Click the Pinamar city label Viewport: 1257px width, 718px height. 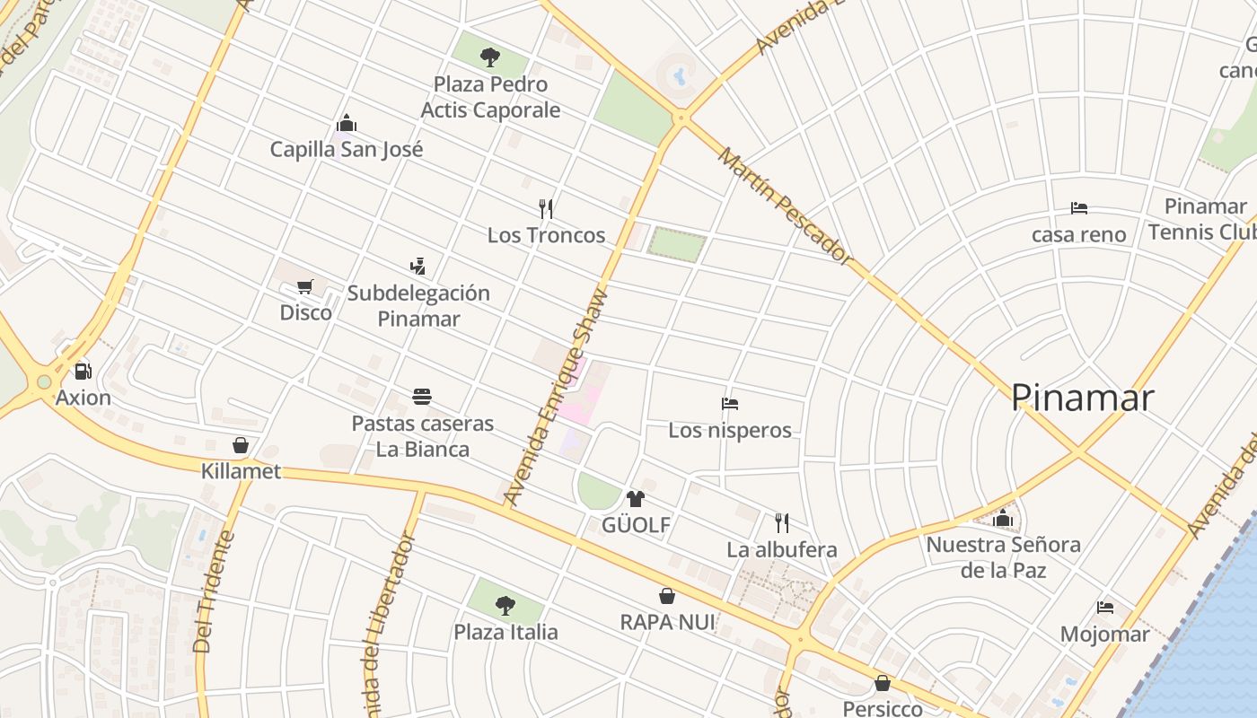pos(1081,398)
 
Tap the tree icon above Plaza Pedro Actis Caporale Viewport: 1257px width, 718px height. pos(489,57)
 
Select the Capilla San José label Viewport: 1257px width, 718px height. pos(347,149)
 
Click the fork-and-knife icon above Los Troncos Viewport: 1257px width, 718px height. pos(546,209)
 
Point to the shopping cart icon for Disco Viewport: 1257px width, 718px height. pos(304,286)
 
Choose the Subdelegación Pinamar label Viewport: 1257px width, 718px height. pos(418,305)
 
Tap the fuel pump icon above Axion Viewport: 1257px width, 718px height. pos(83,370)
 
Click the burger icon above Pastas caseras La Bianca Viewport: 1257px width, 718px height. pos(422,396)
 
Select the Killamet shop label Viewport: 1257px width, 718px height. pos(241,471)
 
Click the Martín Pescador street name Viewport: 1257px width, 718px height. pos(784,206)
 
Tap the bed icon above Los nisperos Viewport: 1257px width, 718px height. pos(729,404)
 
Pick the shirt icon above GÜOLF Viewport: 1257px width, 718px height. pos(636,498)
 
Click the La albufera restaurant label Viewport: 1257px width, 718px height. pos(781,549)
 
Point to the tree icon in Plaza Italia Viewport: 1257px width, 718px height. pos(505,605)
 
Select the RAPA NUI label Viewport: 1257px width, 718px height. pos(667,622)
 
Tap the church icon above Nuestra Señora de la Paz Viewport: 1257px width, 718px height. pos(1003,518)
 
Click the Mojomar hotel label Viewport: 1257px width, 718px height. pos(1104,634)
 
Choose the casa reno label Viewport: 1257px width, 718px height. pos(1078,234)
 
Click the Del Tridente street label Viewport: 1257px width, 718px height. pos(213,592)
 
